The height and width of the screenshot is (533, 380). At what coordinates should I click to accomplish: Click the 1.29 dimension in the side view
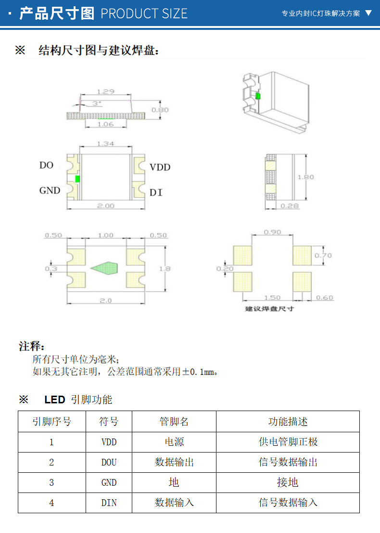(x=105, y=91)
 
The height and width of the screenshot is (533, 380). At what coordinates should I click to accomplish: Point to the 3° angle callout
(x=96, y=104)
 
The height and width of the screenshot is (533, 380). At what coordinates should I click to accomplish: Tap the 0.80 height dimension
(x=160, y=110)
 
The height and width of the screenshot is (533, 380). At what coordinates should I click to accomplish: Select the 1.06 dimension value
(x=105, y=124)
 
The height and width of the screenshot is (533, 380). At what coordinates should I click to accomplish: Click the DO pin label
(x=46, y=165)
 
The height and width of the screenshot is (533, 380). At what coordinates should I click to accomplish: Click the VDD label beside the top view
(x=160, y=167)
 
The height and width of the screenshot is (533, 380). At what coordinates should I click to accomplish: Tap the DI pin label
(x=155, y=193)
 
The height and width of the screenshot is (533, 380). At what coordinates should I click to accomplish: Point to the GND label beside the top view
(x=50, y=190)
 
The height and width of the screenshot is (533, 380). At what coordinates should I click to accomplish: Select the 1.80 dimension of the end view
(x=305, y=177)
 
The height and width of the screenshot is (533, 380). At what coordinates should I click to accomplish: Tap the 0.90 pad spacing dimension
(x=273, y=232)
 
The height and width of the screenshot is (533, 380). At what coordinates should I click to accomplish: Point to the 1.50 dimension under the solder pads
(x=272, y=298)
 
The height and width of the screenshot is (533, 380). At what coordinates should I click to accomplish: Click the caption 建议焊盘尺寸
(x=269, y=308)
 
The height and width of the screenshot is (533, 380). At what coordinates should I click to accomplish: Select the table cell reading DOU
(x=109, y=462)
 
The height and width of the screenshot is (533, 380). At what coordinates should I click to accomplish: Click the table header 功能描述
(x=288, y=422)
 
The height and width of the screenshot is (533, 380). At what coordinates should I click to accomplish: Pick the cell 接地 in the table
(x=288, y=482)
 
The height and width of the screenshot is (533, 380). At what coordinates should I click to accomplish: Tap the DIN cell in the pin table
(x=109, y=503)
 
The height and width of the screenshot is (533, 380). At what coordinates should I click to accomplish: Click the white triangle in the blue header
(x=368, y=13)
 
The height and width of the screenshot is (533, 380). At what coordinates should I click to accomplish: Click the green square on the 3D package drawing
(x=258, y=96)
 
